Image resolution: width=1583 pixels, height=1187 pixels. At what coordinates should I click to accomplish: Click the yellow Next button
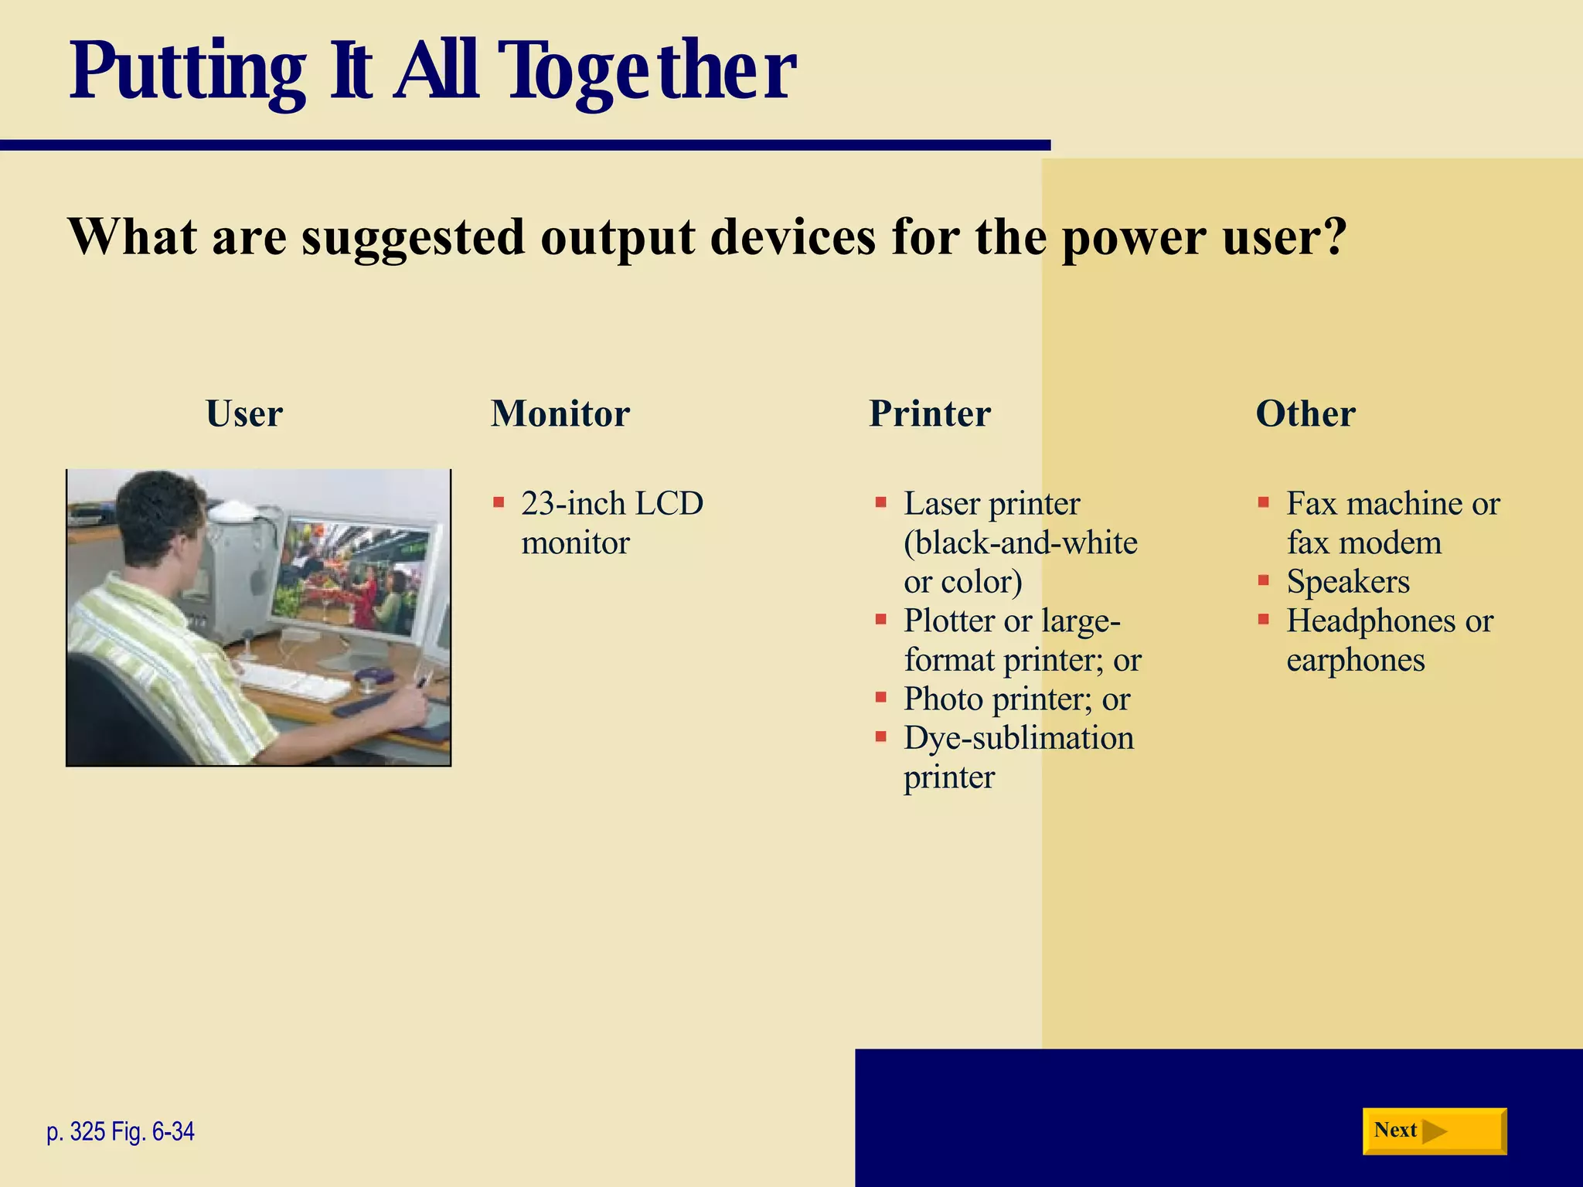pos(1434,1131)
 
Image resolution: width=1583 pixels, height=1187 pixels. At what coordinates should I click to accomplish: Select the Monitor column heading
pos(560,413)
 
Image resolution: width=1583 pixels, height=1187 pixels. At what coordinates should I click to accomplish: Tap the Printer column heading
pos(929,413)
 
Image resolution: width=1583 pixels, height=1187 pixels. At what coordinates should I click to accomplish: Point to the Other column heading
pos(1305,413)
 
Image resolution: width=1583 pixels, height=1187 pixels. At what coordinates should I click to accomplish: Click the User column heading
pos(244,413)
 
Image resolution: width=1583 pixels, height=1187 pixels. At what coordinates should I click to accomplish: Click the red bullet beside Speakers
pos(1263,580)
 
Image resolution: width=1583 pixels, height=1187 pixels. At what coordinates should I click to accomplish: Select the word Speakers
pos(1347,581)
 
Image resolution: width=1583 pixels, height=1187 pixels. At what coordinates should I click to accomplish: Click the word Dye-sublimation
pos(1018,738)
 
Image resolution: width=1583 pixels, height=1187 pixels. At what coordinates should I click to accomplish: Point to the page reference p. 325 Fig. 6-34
pos(121,1131)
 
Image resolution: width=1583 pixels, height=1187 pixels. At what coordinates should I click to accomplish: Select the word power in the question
pos(1132,238)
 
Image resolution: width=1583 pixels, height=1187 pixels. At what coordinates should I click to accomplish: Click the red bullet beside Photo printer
pos(880,697)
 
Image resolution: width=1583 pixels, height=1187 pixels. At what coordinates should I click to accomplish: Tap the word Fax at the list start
pos(1311,503)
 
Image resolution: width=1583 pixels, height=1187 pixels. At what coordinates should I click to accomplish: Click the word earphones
pos(1355,660)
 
